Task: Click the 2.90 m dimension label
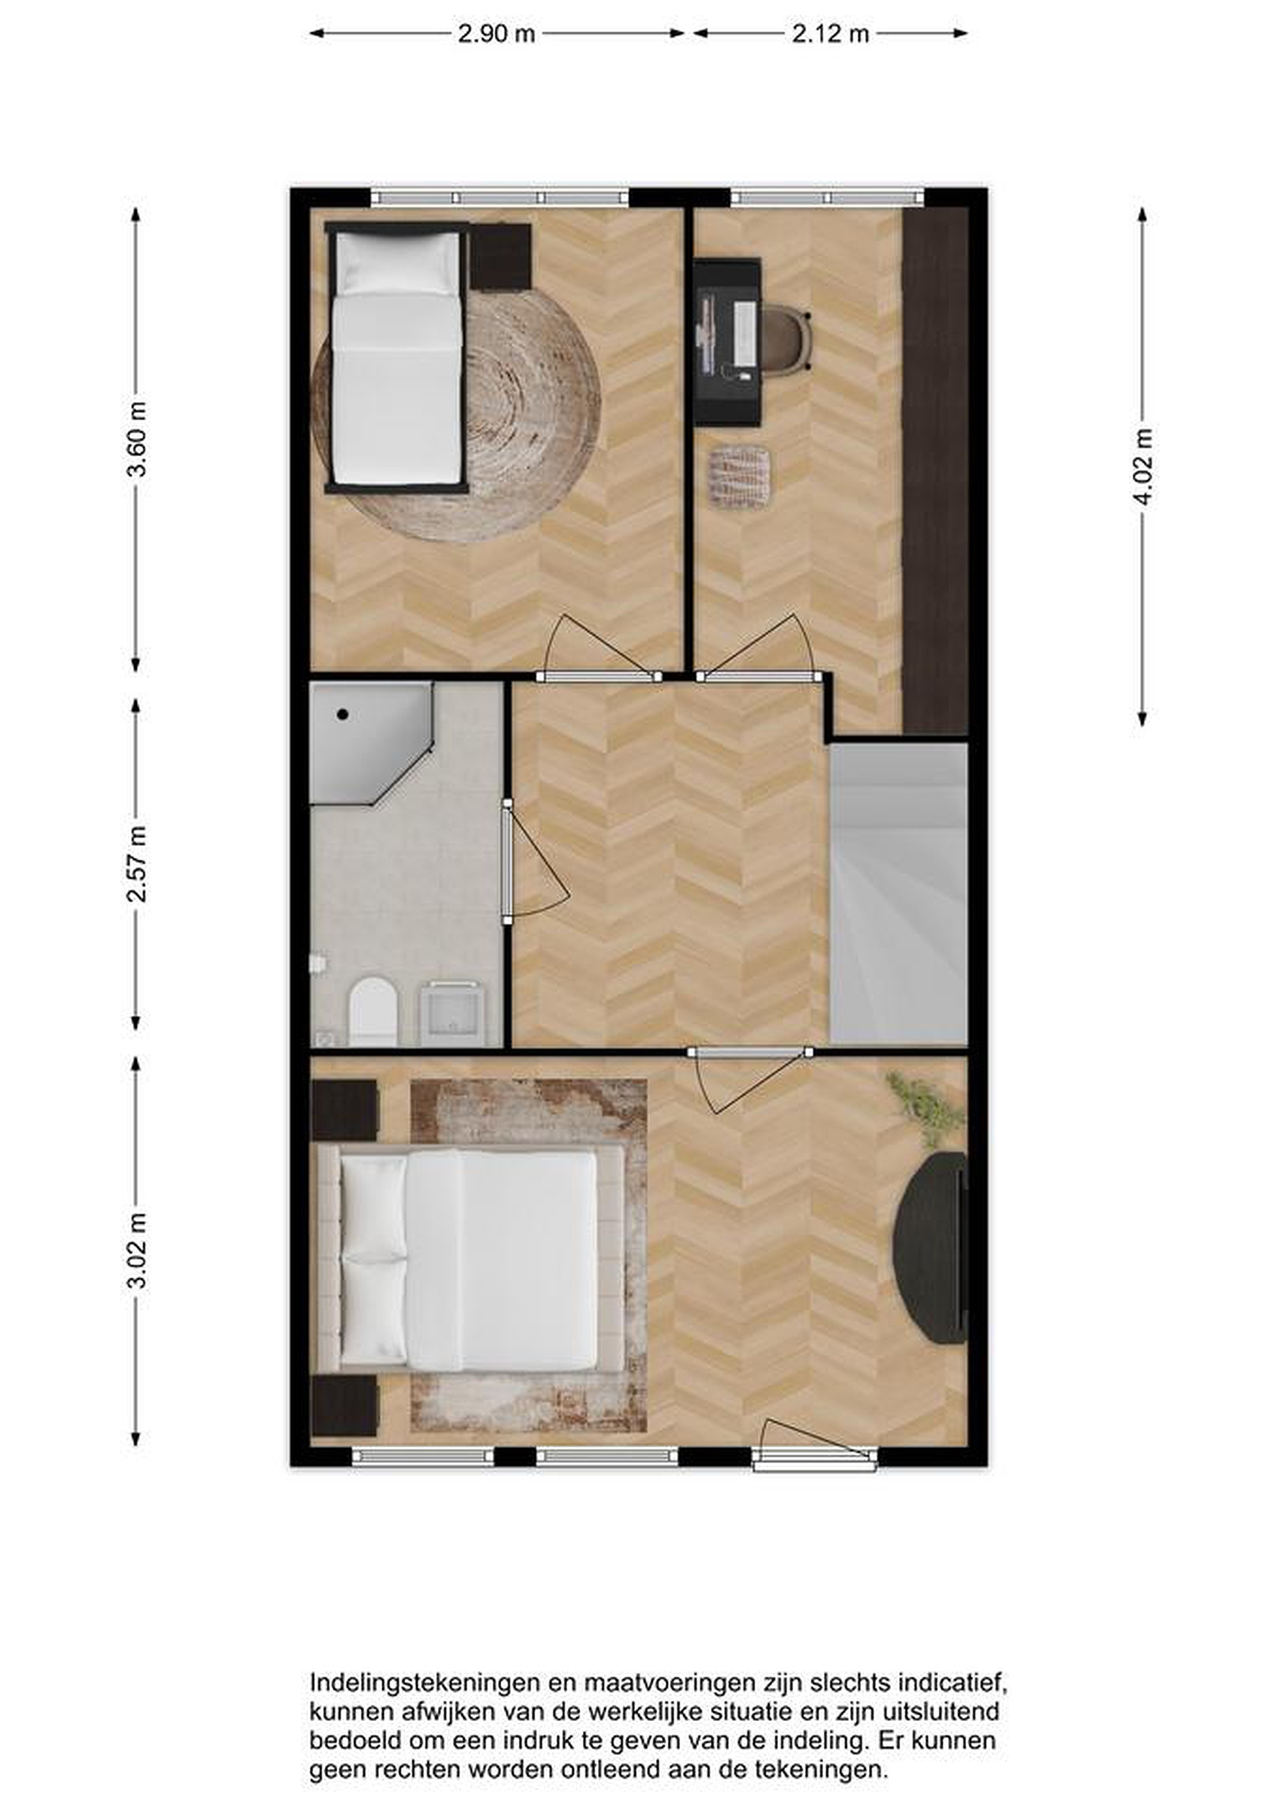click(496, 34)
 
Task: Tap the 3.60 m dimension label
click(136, 439)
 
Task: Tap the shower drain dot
click(343, 715)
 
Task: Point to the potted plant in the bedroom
click(925, 1110)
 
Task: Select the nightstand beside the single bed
click(501, 257)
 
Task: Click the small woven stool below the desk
click(740, 476)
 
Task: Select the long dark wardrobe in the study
click(935, 471)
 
